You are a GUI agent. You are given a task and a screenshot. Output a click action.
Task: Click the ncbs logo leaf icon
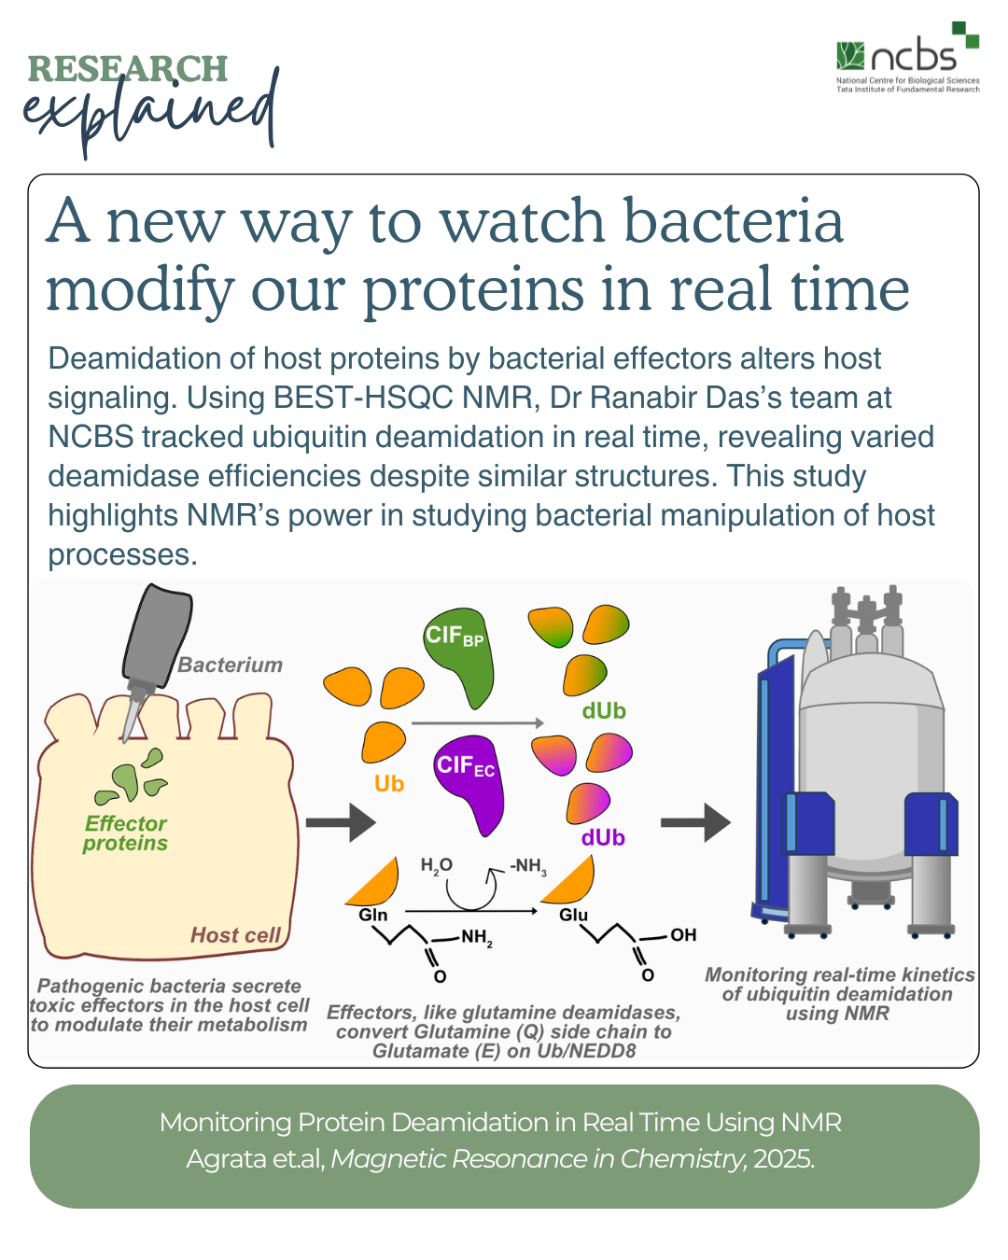850,56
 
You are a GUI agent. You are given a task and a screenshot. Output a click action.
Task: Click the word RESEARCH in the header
128,68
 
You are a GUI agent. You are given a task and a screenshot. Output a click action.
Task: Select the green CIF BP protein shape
459,657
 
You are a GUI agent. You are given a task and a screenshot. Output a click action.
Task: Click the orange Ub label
389,783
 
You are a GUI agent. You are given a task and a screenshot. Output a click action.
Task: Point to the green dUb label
604,711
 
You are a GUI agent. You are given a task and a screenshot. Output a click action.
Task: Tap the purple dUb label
603,838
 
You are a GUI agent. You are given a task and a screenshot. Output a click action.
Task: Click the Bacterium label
231,665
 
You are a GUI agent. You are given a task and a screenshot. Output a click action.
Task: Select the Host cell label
235,935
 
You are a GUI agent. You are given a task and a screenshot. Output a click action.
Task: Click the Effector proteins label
125,833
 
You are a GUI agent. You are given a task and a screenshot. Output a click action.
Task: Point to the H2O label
437,866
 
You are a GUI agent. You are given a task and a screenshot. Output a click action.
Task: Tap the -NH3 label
527,866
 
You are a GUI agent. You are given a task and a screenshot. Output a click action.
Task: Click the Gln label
373,914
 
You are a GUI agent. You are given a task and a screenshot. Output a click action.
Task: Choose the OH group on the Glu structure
683,934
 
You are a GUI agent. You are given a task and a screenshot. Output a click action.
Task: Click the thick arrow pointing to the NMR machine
695,822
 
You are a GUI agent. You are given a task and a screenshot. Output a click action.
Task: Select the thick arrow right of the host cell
341,822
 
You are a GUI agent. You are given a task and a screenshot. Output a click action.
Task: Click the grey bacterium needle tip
124,740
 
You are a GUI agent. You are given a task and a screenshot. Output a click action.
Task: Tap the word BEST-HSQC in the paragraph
363,398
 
